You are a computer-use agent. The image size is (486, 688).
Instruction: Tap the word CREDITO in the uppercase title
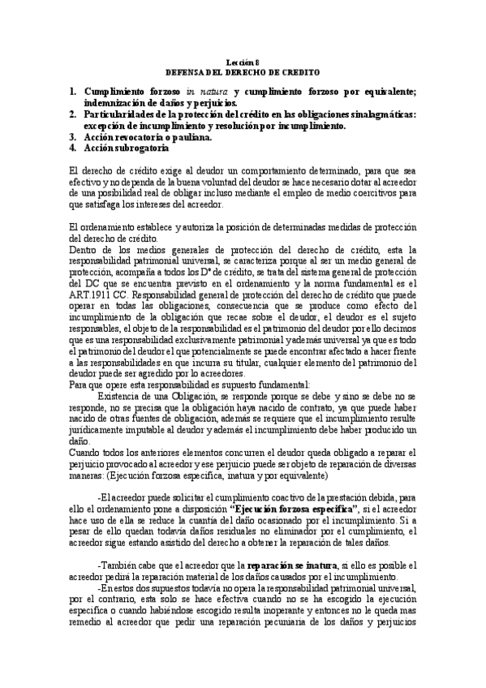[x=298, y=71]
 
